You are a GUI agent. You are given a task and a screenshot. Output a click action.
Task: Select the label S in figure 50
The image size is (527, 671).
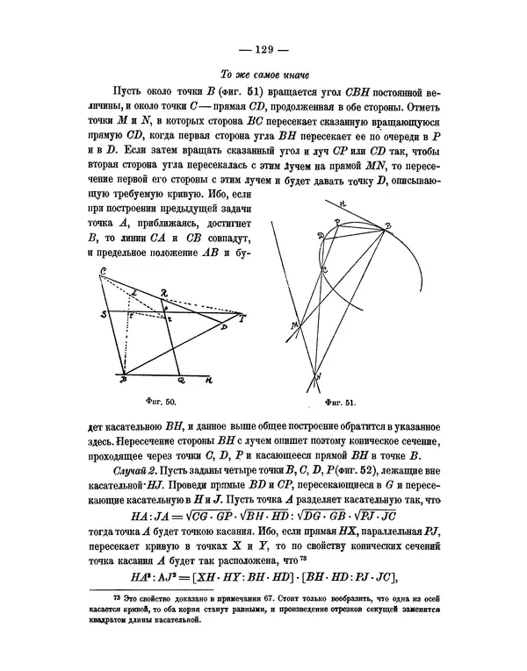103,312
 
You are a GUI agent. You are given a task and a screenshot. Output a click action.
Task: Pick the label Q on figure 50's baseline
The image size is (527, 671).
179,381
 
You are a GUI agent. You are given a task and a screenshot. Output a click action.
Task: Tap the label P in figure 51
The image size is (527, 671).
336,224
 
